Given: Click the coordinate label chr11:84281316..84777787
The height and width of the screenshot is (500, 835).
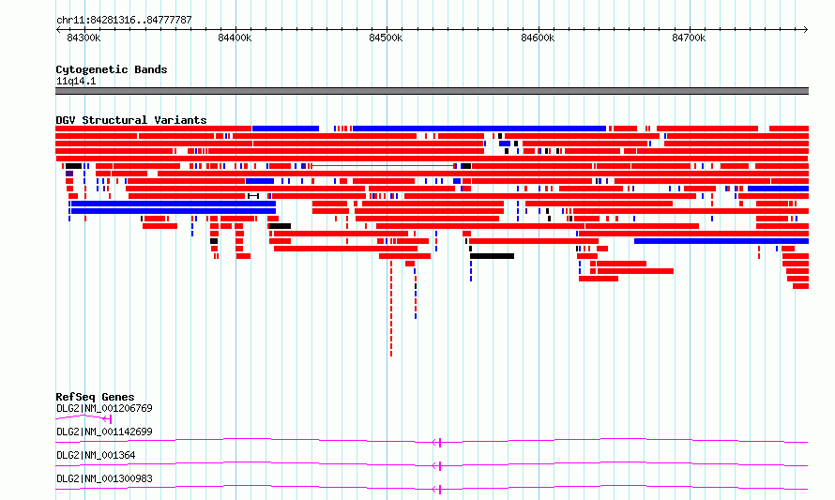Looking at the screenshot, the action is coord(124,21).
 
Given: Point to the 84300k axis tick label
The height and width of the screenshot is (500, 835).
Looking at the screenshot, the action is coord(83,38).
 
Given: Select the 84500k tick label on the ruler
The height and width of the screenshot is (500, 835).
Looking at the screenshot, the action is coord(387,38).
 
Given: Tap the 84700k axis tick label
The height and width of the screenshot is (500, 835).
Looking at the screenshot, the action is coord(689,38).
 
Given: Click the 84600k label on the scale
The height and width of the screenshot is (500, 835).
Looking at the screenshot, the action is coord(538,38).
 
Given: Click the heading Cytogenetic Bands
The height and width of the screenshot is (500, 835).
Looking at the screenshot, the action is coord(112,69).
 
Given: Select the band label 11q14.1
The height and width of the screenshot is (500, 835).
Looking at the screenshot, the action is coord(76,81).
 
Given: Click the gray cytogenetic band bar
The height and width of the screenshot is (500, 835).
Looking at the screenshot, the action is coord(432,91).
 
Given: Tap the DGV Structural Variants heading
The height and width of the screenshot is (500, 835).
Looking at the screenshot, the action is coord(131,120).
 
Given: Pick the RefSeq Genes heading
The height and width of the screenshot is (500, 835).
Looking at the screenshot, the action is coord(95,397).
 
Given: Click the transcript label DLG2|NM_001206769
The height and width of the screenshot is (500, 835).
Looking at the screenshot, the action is coord(104,408).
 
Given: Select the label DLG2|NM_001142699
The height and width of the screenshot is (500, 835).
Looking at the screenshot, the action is coord(104,432).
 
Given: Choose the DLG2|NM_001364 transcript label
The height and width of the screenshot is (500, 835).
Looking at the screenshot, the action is coord(96,455).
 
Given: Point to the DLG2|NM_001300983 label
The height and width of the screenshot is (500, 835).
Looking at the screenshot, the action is coord(104,478).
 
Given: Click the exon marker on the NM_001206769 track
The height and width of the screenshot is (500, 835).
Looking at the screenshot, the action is coord(110,419).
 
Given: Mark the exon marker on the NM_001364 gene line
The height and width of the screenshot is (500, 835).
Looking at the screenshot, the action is coord(440,466).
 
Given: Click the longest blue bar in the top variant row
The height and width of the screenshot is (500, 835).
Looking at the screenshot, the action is coord(479,129).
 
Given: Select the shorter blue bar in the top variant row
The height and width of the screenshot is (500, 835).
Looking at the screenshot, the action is coord(285,129).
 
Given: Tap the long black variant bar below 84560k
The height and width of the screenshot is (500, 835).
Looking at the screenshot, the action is coord(492,256).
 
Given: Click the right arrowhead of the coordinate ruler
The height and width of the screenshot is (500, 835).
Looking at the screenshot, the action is coord(806,29).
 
